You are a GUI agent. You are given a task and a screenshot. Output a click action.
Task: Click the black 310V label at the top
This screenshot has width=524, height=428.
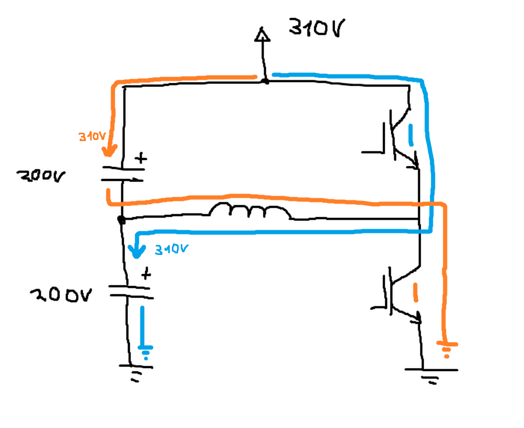tap(316, 27)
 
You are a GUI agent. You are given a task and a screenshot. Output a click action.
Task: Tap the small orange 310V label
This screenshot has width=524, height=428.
tap(92, 136)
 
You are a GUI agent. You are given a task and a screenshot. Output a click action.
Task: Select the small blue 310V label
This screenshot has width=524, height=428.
tap(171, 249)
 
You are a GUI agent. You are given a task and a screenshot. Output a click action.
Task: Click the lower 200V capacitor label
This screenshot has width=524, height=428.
tap(61, 295)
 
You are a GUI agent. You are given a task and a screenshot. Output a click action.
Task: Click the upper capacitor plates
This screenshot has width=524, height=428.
tap(123, 174)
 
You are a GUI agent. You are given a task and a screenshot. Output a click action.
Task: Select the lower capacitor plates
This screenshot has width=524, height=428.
tap(131, 292)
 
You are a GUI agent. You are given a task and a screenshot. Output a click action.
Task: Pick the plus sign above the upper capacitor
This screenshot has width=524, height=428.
tap(141, 158)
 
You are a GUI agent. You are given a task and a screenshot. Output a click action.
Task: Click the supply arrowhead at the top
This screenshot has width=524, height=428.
tap(263, 35)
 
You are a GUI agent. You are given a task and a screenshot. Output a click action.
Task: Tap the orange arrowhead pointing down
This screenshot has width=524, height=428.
tap(110, 151)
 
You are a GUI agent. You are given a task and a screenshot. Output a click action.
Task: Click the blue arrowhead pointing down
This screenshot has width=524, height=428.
tap(137, 252)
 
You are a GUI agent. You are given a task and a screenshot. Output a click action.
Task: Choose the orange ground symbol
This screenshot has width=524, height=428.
tap(447, 349)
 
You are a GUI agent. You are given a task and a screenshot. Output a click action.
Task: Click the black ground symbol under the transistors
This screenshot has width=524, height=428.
tap(431, 376)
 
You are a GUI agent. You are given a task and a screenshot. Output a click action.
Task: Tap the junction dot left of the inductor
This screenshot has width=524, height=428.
tap(122, 220)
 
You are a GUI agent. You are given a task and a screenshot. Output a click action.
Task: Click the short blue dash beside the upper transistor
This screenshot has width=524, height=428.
tap(411, 135)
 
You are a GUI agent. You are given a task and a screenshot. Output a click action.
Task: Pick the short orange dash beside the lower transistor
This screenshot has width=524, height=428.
tap(416, 293)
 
